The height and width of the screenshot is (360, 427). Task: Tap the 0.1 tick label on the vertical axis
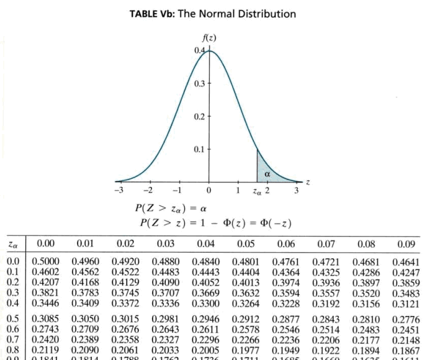pos(199,150)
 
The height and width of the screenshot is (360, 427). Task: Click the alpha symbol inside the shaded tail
pos(267,174)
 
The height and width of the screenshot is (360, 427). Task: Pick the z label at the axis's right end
pos(308,182)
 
